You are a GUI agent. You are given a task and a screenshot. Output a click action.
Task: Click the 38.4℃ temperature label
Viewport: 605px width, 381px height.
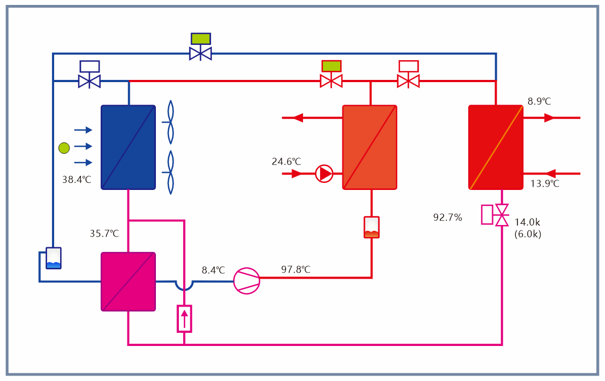(77, 179)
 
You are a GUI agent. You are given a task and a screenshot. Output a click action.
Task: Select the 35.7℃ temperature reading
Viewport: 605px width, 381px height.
(104, 233)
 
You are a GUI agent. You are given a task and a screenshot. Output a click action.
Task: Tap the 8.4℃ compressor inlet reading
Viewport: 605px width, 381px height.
(213, 270)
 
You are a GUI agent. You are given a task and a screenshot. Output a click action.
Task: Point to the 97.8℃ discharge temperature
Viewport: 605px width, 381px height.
(296, 269)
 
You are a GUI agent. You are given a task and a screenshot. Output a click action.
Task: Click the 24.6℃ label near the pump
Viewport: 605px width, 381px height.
(287, 161)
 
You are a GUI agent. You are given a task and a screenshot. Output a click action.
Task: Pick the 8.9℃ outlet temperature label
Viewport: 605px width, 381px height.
(539, 101)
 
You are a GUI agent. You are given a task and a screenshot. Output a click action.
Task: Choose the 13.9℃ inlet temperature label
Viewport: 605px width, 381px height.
(545, 183)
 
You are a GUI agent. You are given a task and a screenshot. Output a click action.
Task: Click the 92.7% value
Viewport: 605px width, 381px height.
(447, 217)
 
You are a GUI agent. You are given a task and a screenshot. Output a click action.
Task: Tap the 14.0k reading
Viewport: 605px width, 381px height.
(527, 222)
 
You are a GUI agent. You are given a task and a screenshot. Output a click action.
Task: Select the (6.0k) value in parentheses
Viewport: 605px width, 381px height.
(528, 234)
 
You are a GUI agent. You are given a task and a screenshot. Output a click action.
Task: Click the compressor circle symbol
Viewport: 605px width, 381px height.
(246, 280)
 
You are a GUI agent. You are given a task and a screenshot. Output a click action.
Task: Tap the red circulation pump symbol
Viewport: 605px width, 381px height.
(324, 174)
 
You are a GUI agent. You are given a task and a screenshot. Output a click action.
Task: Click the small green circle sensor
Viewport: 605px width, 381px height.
(64, 147)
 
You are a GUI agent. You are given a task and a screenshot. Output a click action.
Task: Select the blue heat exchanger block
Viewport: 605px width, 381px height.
(128, 147)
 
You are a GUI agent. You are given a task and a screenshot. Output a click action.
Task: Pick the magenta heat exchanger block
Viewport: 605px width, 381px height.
(128, 281)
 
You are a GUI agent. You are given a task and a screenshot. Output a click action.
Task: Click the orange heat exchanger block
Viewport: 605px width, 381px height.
(369, 147)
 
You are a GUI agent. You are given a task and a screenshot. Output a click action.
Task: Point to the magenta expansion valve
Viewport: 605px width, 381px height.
(501, 215)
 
